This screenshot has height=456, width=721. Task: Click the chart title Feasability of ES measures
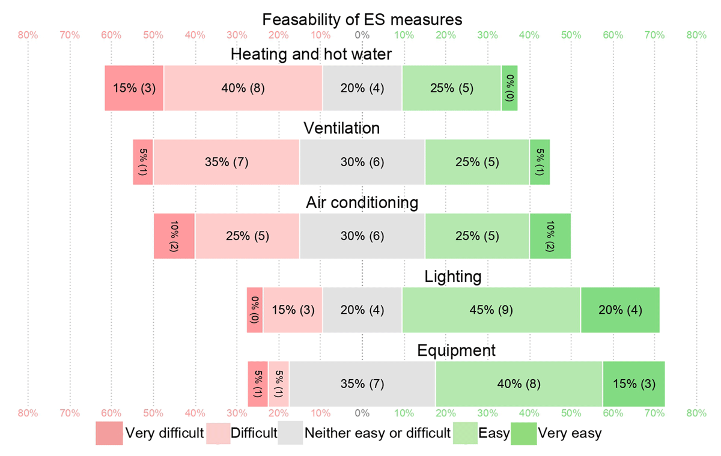click(362, 19)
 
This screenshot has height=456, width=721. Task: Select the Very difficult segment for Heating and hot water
click(134, 88)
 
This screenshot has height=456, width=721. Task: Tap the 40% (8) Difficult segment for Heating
click(243, 88)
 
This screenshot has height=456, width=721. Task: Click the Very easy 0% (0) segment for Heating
click(510, 88)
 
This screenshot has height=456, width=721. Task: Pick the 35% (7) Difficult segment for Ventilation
click(226, 162)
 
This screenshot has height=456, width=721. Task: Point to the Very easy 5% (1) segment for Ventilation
click(540, 162)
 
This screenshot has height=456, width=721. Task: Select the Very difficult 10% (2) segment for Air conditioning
click(174, 236)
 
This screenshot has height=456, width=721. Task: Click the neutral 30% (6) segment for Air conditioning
click(362, 236)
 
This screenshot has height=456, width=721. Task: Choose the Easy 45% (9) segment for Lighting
click(491, 310)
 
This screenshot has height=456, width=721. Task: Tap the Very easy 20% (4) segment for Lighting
click(620, 310)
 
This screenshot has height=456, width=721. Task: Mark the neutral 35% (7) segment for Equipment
click(362, 384)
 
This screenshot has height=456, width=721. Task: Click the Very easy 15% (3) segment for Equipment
click(634, 384)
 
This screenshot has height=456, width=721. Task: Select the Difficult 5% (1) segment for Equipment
click(279, 384)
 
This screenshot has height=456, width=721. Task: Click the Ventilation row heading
click(341, 128)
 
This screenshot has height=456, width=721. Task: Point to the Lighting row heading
click(453, 277)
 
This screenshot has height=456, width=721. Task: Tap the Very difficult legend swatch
click(109, 433)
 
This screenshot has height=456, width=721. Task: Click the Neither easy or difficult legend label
click(377, 433)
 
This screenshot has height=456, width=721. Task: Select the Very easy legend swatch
click(523, 433)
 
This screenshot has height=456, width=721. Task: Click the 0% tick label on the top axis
click(362, 35)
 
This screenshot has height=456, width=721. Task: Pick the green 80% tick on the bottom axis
click(696, 413)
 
